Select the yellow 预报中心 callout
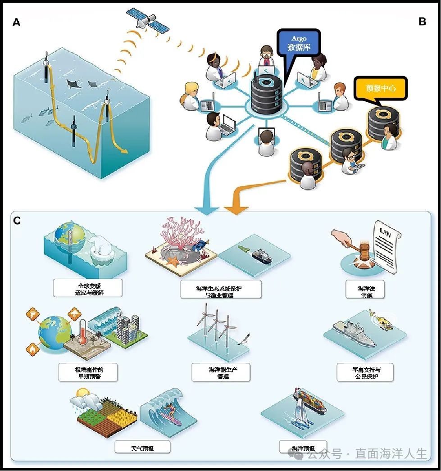(x=380, y=88)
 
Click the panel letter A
(x=17, y=22)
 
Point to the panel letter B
(x=422, y=21)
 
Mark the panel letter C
(x=17, y=221)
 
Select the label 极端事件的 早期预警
(x=87, y=372)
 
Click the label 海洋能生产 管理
(x=221, y=372)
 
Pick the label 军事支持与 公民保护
(x=366, y=372)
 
